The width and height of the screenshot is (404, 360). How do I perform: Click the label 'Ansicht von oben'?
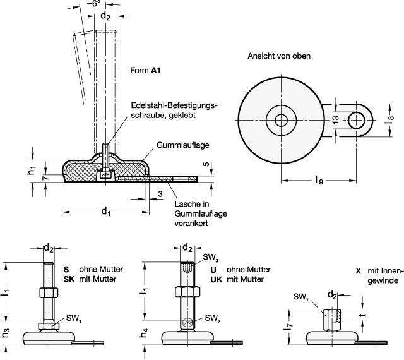[279, 56]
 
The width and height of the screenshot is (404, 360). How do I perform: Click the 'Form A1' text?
[145, 70]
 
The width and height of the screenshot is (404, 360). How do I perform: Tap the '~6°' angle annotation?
[93, 4]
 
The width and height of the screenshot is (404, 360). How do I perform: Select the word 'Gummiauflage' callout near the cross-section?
[182, 145]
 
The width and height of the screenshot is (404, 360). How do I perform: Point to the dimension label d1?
[105, 212]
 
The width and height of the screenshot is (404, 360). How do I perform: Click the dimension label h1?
[31, 170]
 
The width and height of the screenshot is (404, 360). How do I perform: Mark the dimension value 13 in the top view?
[335, 119]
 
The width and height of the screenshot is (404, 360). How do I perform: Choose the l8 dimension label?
[389, 119]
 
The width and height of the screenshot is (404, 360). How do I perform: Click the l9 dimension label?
[319, 180]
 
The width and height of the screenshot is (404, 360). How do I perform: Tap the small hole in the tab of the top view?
[357, 120]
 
